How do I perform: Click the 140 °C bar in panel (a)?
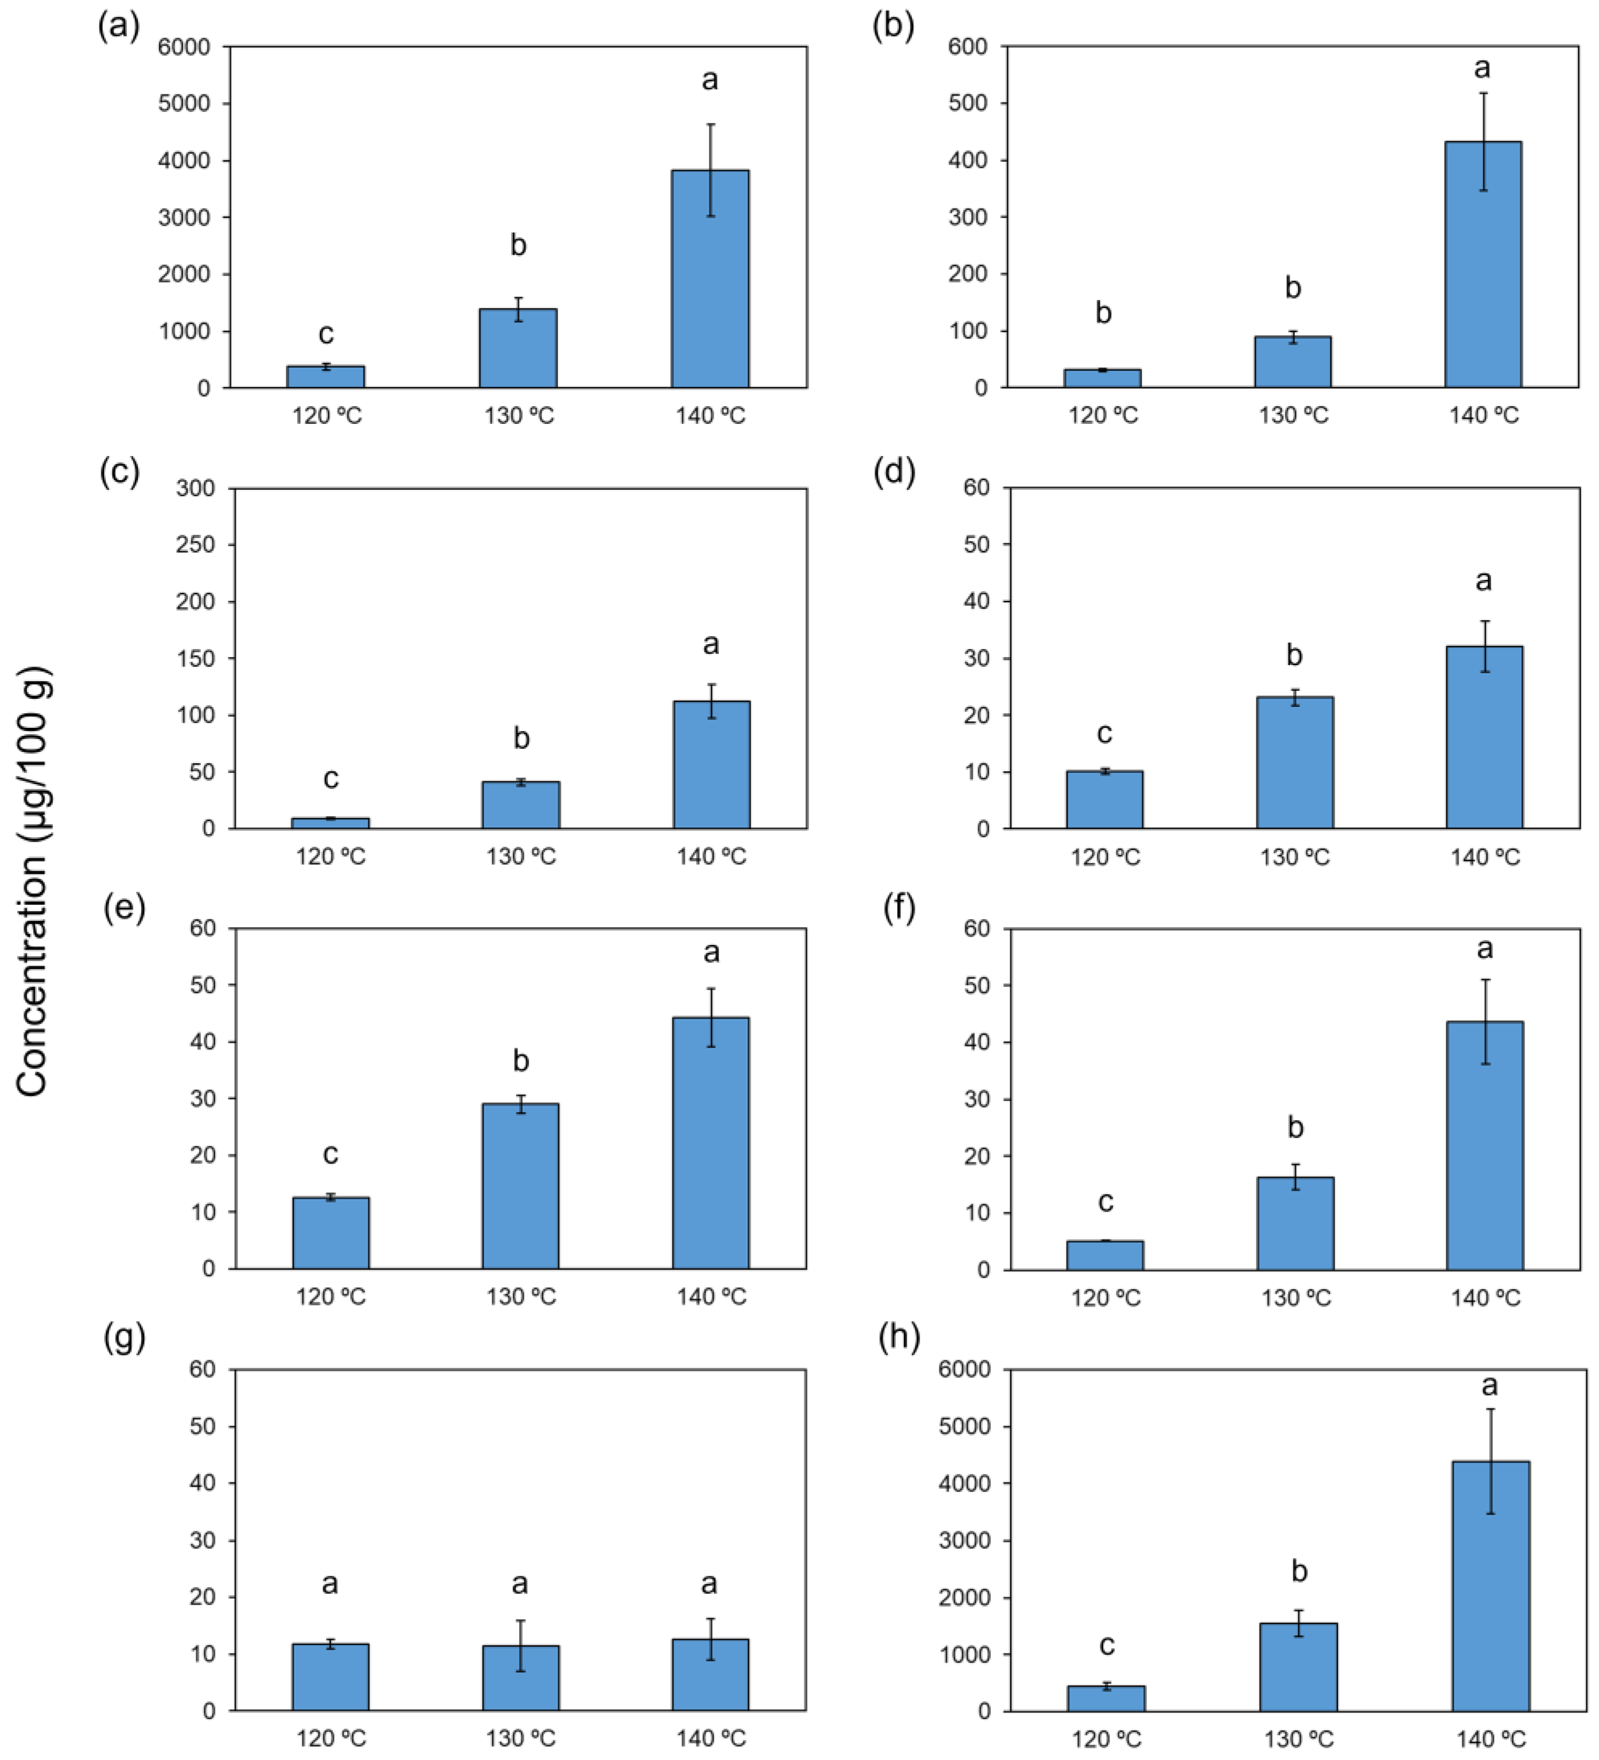(710, 279)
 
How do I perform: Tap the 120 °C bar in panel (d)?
(1104, 800)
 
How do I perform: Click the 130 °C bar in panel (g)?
(521, 1678)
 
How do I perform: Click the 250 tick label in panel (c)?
(196, 545)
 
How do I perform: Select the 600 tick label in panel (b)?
(968, 46)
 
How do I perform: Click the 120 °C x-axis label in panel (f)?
(1106, 1298)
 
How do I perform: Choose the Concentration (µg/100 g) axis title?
(33, 882)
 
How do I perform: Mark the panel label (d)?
(895, 472)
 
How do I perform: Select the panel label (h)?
(899, 1338)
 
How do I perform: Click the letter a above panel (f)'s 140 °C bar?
(1485, 949)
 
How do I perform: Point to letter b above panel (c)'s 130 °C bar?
(521, 739)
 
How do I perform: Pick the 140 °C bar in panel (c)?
(711, 765)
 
